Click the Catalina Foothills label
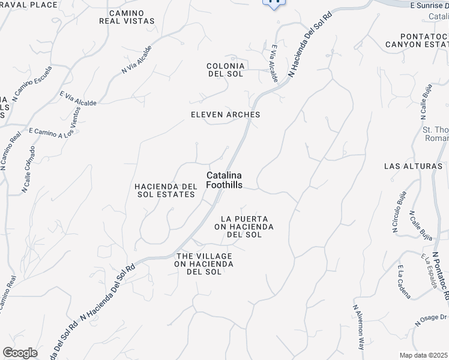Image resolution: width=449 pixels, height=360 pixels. (224, 180)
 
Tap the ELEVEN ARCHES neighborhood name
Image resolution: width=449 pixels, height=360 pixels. (225, 115)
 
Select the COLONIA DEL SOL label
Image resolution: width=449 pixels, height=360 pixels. (225, 70)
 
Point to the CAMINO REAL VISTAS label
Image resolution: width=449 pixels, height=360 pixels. (127, 17)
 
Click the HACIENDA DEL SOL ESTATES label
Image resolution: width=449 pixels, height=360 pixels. (166, 190)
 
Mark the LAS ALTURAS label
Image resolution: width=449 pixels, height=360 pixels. (413, 166)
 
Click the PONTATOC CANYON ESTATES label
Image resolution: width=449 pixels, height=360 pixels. (417, 40)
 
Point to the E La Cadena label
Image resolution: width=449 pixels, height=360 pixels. (404, 282)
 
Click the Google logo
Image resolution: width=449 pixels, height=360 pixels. (20, 353)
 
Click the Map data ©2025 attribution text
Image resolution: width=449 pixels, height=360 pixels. (424, 355)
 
